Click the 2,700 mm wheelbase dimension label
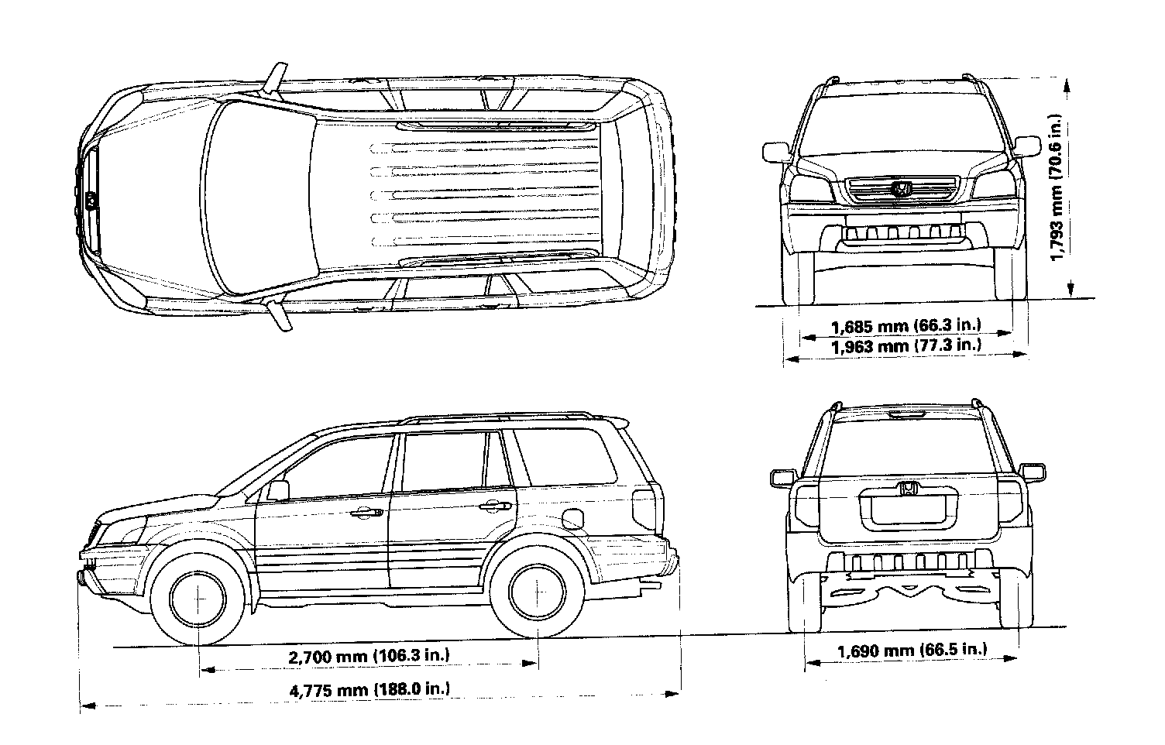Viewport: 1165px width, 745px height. click(369, 657)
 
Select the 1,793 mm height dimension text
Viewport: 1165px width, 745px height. click(1055, 191)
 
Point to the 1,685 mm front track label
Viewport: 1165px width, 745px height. click(906, 324)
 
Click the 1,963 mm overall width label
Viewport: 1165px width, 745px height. click(906, 345)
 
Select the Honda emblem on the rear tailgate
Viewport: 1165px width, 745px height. click(908, 489)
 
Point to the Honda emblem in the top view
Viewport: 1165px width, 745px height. click(91, 200)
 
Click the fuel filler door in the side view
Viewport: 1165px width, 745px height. click(572, 518)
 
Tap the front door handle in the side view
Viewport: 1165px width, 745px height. click(367, 512)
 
